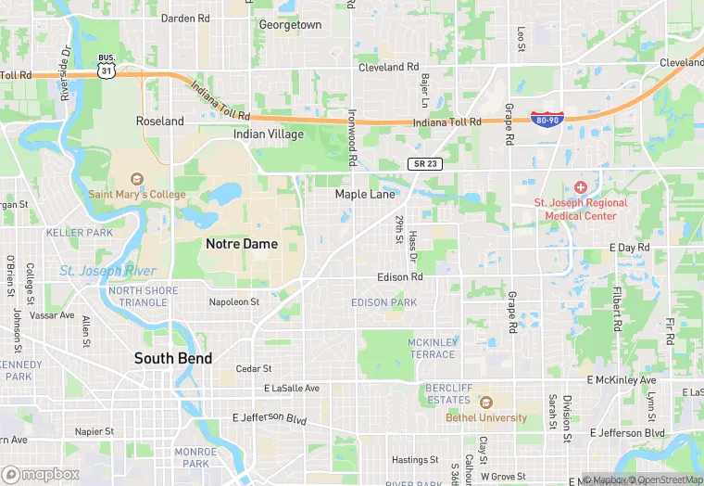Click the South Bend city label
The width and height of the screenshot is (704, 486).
pos(173,358)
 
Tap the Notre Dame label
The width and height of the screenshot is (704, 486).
pos(242,244)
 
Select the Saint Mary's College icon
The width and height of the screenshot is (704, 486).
pos(137,179)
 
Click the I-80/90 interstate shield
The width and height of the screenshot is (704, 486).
pos(546,120)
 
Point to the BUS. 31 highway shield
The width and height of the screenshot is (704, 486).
pos(107,65)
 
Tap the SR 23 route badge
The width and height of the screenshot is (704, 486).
pos(425,163)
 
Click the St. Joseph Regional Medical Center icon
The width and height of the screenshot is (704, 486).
pos(581,187)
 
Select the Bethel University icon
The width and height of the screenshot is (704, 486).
pos(485,403)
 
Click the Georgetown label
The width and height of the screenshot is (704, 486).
pos(290,25)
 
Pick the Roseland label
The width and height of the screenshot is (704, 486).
pos(160,121)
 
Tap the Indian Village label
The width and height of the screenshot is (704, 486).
pos(268,134)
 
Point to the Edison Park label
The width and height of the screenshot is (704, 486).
pos(384,302)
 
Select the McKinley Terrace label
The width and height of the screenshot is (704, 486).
pos(432,348)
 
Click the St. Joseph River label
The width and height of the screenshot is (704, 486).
pos(108,271)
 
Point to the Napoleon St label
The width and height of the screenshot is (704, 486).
pos(234,302)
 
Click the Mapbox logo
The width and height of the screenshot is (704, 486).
pos(41,474)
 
